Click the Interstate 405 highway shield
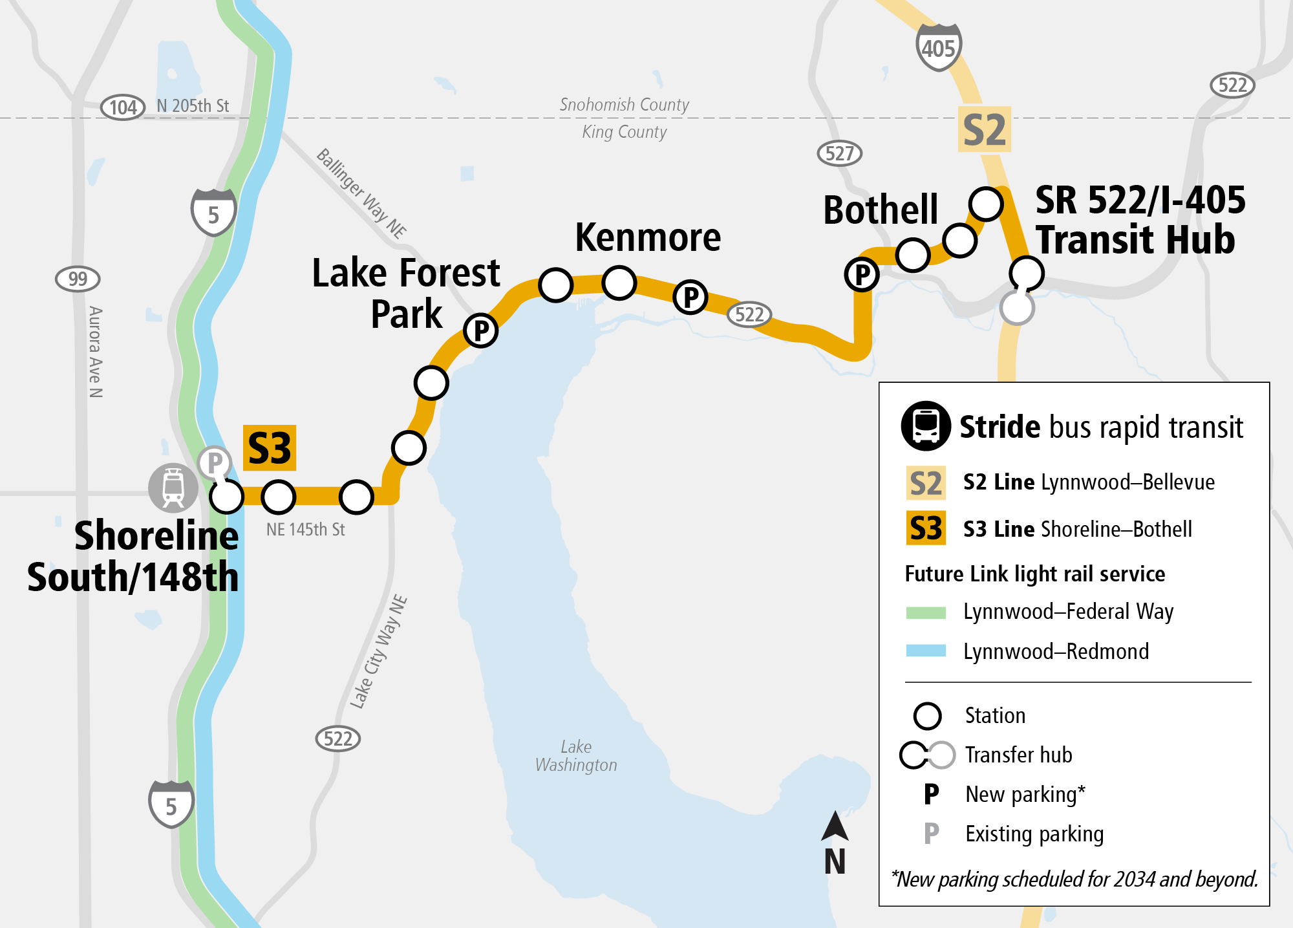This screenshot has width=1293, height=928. [x=939, y=47]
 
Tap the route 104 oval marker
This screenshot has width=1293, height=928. [x=123, y=107]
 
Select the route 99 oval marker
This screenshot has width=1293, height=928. [x=78, y=279]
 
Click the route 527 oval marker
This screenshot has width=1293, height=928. [x=839, y=153]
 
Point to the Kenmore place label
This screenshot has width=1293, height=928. [x=648, y=237]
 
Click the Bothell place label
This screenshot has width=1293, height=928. [x=880, y=210]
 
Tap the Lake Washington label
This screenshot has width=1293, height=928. [x=576, y=756]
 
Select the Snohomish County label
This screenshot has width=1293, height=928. [x=624, y=105]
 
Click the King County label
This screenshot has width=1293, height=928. [x=624, y=132]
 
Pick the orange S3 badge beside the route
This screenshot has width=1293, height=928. [x=270, y=448]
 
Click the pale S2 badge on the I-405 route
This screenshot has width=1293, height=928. [x=984, y=129]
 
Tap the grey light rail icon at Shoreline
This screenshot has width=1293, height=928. [x=173, y=487]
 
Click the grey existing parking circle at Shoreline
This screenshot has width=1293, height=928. [x=215, y=462]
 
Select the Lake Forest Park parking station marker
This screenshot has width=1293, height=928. [x=481, y=331]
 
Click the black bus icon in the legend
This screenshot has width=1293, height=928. [x=926, y=426]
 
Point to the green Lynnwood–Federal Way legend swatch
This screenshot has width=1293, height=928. [x=926, y=612]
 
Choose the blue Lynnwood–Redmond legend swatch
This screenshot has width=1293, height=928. [x=926, y=651]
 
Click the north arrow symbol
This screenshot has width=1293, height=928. [x=835, y=827]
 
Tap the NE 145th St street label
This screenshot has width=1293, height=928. [x=305, y=530]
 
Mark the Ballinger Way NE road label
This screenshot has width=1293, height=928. [x=361, y=193]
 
